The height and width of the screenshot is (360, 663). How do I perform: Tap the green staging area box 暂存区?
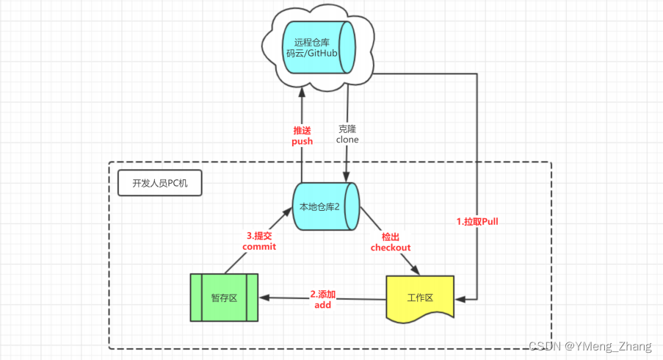(224, 298)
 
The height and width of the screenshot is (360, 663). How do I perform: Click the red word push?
(302, 141)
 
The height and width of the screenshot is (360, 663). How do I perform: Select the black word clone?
(347, 139)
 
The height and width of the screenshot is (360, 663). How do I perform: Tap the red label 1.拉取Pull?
(477, 221)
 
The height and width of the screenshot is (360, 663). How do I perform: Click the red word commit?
(259, 247)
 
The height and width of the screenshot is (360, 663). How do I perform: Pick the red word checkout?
(391, 248)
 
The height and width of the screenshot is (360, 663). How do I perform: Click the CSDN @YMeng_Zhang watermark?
(590, 346)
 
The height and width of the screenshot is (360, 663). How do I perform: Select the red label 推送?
(302, 130)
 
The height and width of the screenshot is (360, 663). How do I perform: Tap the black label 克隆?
(347, 128)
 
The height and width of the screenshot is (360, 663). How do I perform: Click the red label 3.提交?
(259, 236)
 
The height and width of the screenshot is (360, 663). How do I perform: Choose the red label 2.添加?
(323, 293)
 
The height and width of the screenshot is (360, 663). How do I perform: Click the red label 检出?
(391, 237)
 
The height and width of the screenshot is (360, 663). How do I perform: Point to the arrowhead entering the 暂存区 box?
(264, 298)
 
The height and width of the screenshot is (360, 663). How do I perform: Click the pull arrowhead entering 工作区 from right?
(460, 300)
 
